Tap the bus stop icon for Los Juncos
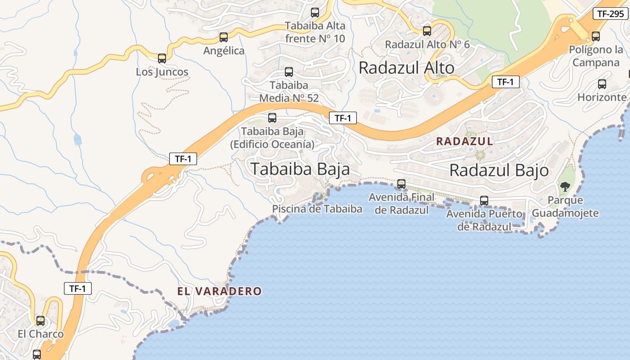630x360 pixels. [162, 58]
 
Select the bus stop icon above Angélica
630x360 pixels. [224, 37]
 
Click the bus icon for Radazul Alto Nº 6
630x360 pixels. [427, 31]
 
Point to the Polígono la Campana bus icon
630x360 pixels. [596, 36]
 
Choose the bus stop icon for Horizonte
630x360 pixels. [602, 84]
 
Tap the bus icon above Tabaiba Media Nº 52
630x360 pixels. [289, 72]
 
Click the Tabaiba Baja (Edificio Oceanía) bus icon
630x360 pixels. [272, 118]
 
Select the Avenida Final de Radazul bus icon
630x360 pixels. [401, 184]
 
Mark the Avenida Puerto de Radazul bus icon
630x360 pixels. [484, 200]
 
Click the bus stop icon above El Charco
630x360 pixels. [40, 320]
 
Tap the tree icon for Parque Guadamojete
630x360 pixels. [565, 186]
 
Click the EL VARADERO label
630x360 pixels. [219, 291]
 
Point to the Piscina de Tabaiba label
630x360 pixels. [317, 209]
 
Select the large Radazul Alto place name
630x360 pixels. [406, 68]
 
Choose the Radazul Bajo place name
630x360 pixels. [499, 171]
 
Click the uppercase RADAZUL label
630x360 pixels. [464, 141]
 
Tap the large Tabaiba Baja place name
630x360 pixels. [300, 169]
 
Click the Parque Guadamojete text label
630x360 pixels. [566, 207]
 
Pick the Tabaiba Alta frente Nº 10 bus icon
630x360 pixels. [315, 13]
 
